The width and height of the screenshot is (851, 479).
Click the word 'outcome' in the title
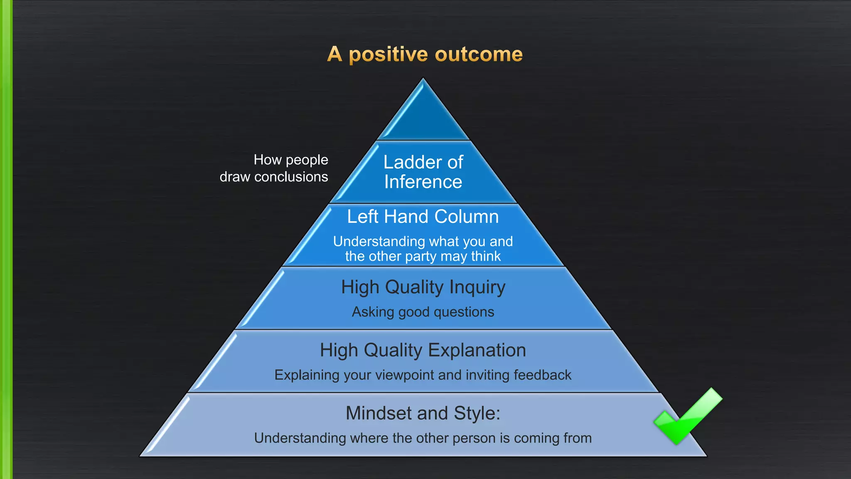pos(479,54)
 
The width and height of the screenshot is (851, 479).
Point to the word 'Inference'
pos(423,182)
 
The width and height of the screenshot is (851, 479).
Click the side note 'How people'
pos(291,160)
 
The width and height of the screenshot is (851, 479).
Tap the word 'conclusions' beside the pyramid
pos(291,177)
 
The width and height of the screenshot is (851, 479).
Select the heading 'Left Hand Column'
pos(423,217)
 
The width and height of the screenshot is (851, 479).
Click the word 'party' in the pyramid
pos(421,257)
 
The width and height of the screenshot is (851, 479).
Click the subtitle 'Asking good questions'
pos(423,312)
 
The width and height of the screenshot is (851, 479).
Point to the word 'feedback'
pos(542,375)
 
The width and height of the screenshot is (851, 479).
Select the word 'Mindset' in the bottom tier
pos(379,413)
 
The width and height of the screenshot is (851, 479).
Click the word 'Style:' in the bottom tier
pos(477,413)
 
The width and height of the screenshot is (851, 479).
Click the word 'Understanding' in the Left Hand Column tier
pos(379,242)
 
